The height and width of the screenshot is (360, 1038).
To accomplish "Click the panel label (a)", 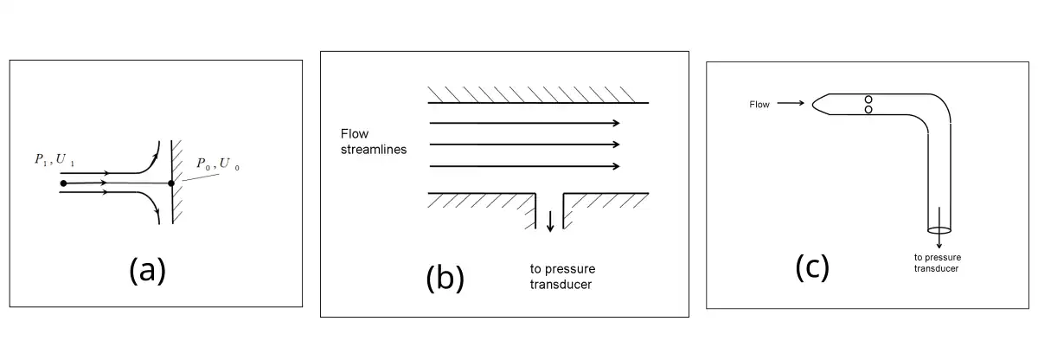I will pos(147,271).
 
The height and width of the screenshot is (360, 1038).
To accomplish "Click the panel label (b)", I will pos(445,279).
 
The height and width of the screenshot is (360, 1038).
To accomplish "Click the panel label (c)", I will pos(812,268).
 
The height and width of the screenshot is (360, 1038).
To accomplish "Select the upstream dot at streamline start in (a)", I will pos(63,183).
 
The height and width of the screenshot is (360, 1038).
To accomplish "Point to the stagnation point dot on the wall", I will pos(171,183).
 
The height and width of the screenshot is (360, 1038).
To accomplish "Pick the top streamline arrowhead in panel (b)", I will pos(615,123).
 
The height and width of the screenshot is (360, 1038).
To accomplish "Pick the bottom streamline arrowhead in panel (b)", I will pos(615,165).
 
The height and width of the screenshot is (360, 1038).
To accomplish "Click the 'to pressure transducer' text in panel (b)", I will pos(562,276).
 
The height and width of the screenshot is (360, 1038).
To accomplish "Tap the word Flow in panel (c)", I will pos(759,105).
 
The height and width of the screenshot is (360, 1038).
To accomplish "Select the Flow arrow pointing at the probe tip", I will pos(792,104).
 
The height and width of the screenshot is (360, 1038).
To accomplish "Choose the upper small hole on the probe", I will pos(868,100).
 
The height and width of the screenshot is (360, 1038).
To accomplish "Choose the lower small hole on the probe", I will pos(868,109).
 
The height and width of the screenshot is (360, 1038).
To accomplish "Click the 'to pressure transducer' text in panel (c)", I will pos(938,262).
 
